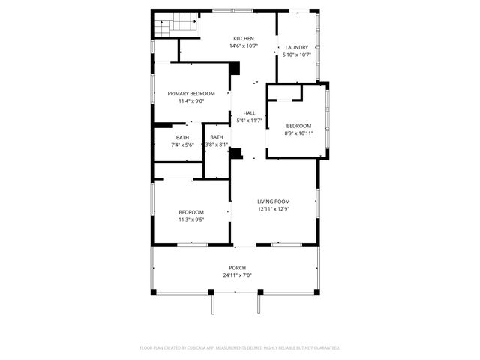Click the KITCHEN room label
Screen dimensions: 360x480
pyautogui.click(x=243, y=39)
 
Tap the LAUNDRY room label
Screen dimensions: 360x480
pyautogui.click(x=296, y=47)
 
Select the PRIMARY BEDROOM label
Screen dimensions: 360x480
pyautogui.click(x=191, y=94)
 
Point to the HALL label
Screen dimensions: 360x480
pyautogui.click(x=249, y=113)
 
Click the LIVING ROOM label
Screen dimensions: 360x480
pyautogui.click(x=274, y=202)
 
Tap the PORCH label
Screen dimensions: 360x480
pyautogui.click(x=237, y=268)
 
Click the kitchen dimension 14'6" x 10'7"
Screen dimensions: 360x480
pyautogui.click(x=243, y=46)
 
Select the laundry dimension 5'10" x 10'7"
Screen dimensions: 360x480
pyautogui.click(x=296, y=55)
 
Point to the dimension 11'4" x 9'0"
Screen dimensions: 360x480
pyautogui.click(x=191, y=101)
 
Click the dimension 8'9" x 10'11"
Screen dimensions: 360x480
pyautogui.click(x=298, y=133)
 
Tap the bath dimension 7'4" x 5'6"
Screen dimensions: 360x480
pyautogui.click(x=183, y=145)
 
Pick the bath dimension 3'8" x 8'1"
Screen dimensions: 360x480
pyautogui.click(x=217, y=145)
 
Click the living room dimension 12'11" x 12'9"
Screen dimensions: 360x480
pyautogui.click(x=274, y=209)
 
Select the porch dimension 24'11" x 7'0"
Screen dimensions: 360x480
pyautogui.click(x=237, y=275)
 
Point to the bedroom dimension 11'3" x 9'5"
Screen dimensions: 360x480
pyautogui.click(x=191, y=220)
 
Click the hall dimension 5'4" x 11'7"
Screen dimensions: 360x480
pyautogui.click(x=249, y=121)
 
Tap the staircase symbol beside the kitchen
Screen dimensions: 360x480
pyautogui.click(x=177, y=25)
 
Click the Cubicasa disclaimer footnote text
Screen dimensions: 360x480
pyautogui.click(x=240, y=348)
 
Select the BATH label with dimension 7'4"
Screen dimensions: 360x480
pyautogui.click(x=183, y=137)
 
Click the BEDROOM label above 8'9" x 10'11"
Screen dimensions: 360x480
pyautogui.click(x=298, y=125)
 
